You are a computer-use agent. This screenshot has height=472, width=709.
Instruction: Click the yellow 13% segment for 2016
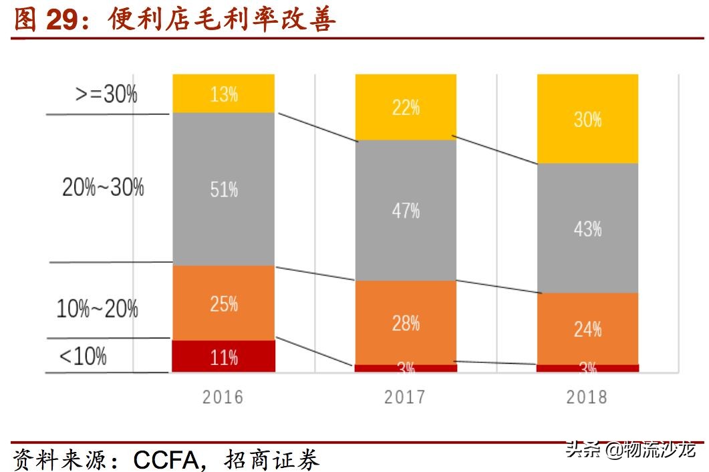223,94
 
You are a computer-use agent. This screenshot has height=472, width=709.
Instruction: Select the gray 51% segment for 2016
223,189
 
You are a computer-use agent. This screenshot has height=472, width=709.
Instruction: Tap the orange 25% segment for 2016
223,303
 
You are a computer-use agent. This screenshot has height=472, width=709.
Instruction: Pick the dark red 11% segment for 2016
223,356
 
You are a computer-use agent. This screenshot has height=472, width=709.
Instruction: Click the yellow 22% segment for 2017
406,107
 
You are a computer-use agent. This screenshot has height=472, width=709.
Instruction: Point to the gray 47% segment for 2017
406,210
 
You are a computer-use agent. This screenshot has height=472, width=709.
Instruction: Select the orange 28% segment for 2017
406,322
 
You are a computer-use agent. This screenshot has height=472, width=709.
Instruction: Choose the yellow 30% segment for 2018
587,118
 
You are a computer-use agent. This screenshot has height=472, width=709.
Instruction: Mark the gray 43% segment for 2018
587,228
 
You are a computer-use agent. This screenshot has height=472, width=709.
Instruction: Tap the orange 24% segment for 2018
587,328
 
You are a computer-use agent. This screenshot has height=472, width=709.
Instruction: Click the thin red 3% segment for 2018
587,368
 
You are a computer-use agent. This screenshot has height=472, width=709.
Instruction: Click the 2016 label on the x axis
223,397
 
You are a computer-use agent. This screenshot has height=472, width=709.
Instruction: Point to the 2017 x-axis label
405,397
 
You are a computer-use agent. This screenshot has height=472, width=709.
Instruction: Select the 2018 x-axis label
587,397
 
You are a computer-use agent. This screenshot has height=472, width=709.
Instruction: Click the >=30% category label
106,94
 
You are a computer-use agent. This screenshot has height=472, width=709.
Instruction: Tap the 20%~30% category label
103,187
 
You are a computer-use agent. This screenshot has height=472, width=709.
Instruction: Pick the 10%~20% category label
98,309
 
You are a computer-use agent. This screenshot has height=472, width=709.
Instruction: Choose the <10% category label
83,356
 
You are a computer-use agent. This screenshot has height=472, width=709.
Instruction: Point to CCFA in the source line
166,459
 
